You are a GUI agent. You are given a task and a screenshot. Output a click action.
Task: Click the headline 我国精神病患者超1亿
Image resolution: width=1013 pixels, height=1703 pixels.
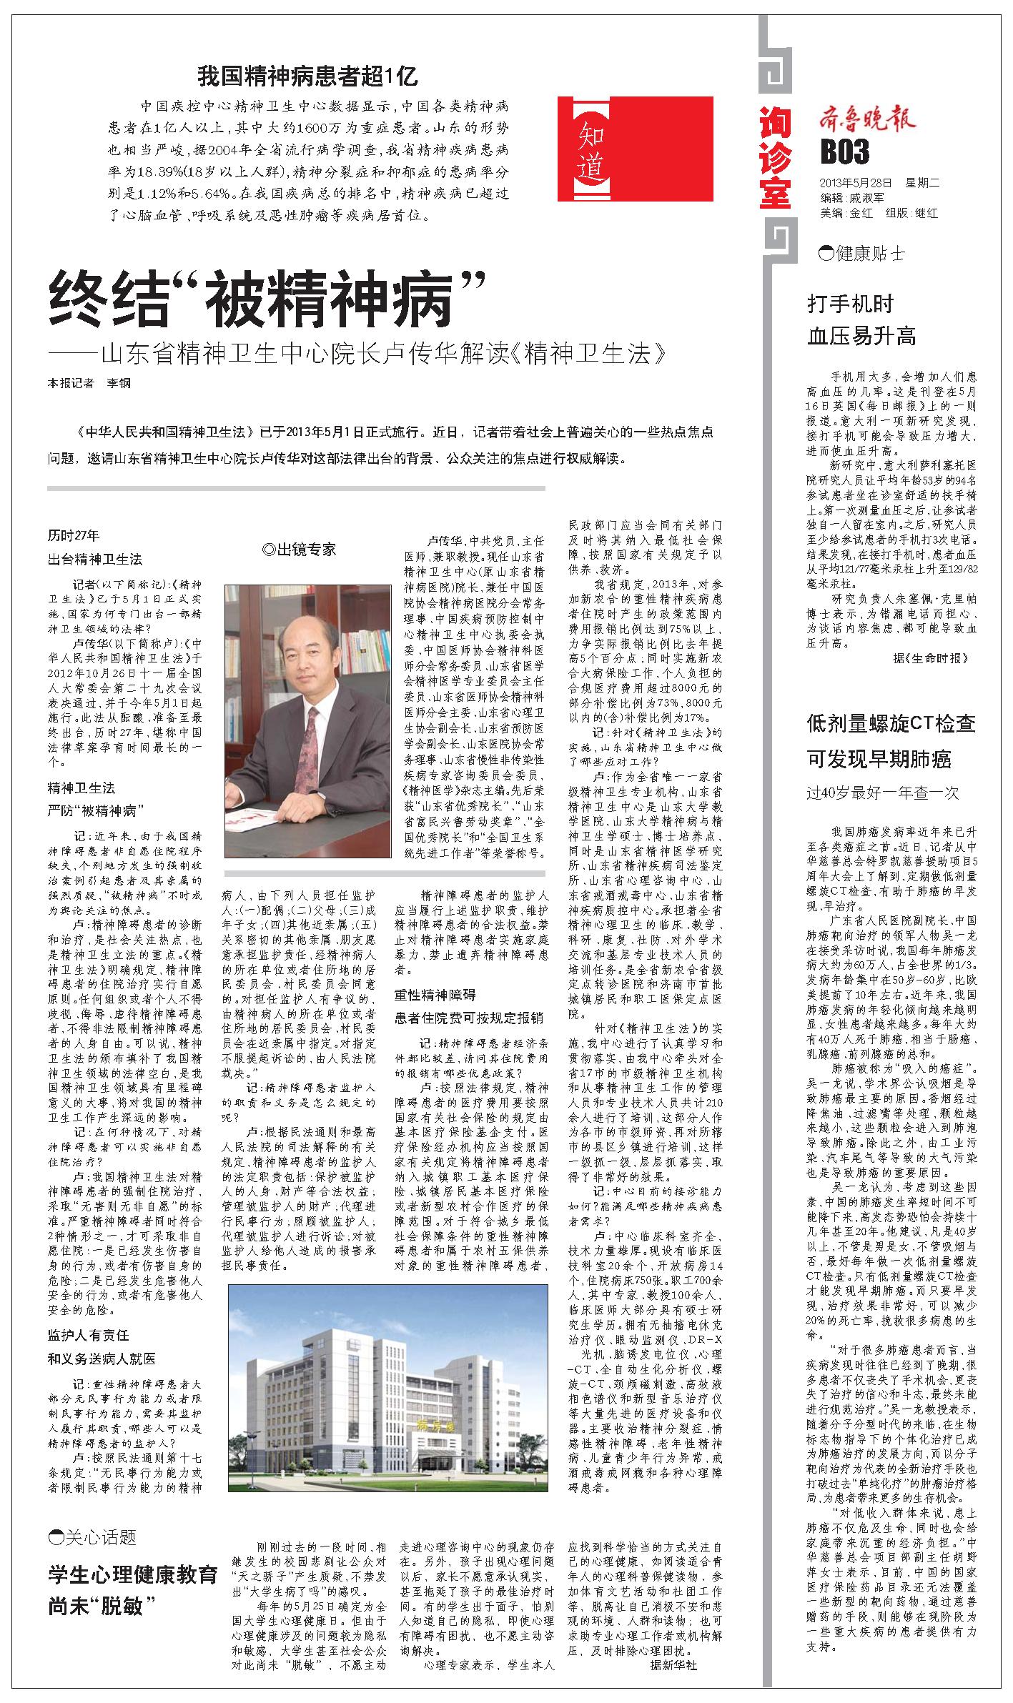point(307,76)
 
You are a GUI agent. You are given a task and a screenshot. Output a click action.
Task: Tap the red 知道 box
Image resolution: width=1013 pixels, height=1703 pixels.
point(636,149)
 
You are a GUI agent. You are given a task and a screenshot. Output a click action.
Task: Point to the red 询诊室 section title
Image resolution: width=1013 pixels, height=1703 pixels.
point(775,158)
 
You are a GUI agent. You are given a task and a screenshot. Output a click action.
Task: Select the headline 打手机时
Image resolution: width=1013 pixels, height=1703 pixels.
point(851,304)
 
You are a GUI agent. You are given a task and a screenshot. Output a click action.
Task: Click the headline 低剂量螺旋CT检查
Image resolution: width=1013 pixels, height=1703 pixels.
point(891,723)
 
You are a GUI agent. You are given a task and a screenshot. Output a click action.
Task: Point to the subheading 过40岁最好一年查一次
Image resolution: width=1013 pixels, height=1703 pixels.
point(882,793)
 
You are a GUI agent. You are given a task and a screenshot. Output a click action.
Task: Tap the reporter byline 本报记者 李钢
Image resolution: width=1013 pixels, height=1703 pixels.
point(90,383)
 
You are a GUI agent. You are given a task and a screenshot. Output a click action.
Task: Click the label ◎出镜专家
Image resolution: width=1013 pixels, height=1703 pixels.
point(299,549)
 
